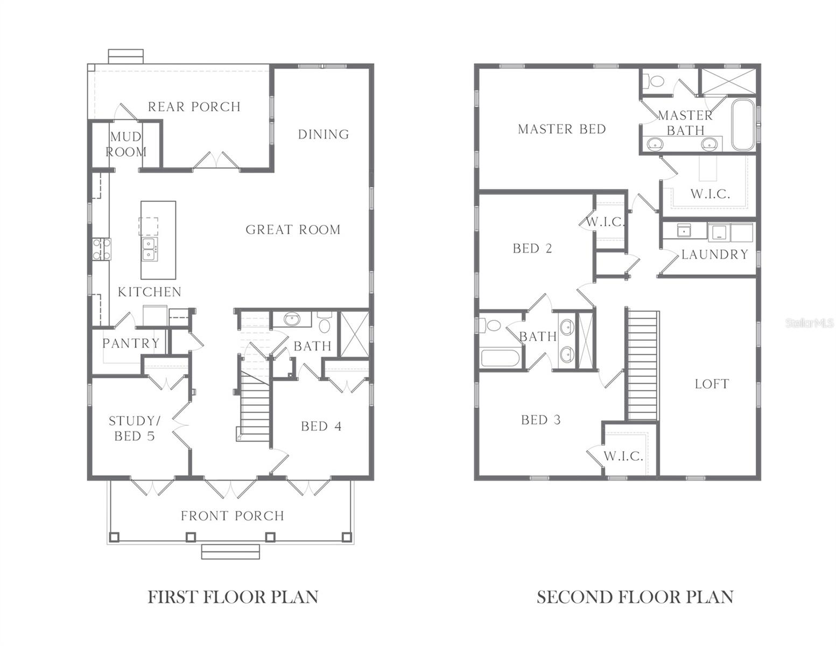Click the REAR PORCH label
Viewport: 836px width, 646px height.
194,107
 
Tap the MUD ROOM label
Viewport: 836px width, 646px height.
125,144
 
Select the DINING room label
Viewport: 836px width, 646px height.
324,134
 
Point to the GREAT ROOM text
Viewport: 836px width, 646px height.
293,230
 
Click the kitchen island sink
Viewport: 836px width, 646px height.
150,249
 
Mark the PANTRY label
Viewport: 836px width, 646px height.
131,343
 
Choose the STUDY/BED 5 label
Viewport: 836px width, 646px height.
135,429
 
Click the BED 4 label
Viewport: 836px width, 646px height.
321,426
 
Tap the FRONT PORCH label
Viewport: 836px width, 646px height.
232,516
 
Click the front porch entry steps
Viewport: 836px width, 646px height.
230,552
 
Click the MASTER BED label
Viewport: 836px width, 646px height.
561,129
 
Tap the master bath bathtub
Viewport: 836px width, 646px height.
743,124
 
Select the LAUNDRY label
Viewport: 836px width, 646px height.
714,255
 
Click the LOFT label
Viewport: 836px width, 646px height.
711,384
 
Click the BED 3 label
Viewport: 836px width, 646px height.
540,420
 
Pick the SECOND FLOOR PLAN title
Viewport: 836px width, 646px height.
635,597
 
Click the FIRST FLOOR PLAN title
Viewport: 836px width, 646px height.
233,597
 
